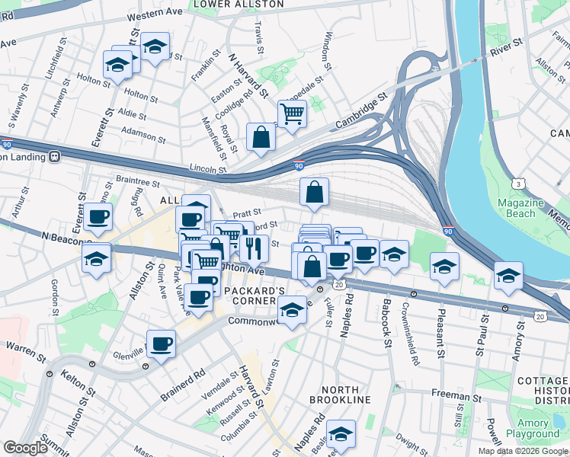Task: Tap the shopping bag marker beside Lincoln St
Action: click(261, 139)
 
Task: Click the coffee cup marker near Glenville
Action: click(161, 344)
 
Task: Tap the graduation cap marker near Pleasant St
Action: click(444, 267)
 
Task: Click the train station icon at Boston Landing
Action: click(55, 156)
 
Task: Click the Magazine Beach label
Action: click(520, 208)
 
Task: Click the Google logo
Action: click(26, 448)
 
